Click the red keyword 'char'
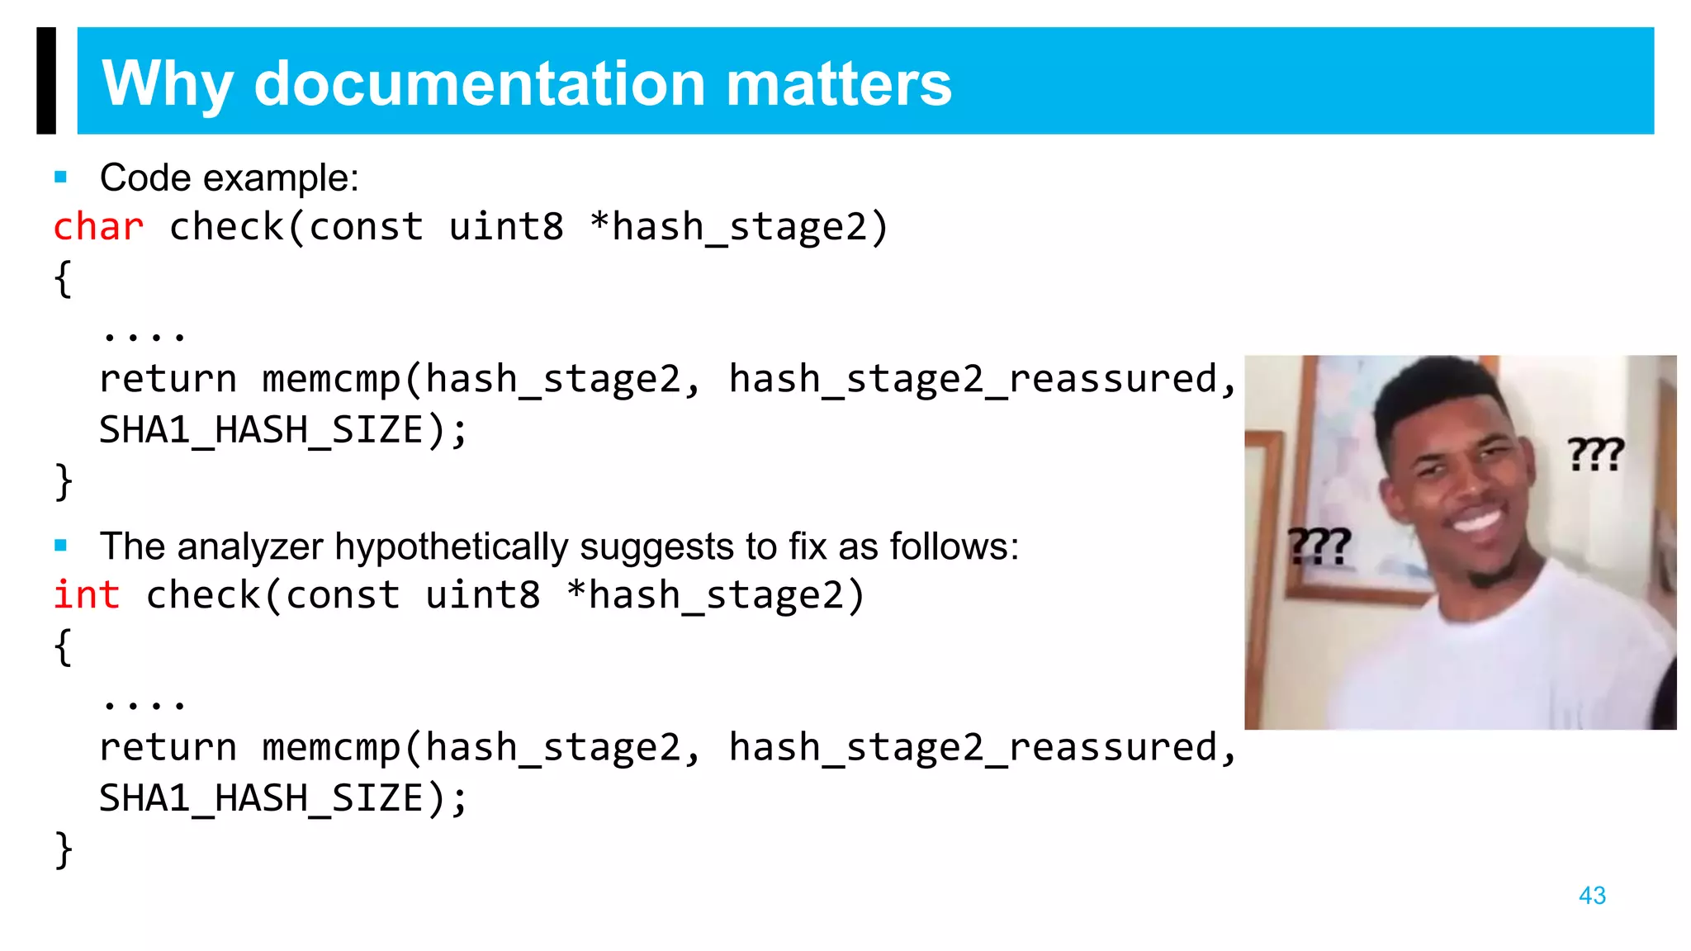(x=98, y=227)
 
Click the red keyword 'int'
(x=86, y=595)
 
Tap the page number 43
(x=1591, y=895)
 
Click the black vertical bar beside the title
(x=46, y=81)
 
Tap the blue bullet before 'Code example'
(x=60, y=177)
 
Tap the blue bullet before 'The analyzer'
(x=60, y=545)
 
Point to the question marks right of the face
(x=1595, y=455)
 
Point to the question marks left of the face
(x=1319, y=546)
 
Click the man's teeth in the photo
(x=1475, y=520)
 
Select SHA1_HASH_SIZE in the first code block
(x=261, y=430)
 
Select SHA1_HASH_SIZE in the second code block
(x=261, y=798)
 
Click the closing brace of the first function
(x=64, y=481)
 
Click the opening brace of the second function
(x=64, y=646)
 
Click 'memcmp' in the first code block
(x=331, y=380)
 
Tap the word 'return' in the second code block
(x=168, y=748)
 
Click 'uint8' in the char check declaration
(x=506, y=227)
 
